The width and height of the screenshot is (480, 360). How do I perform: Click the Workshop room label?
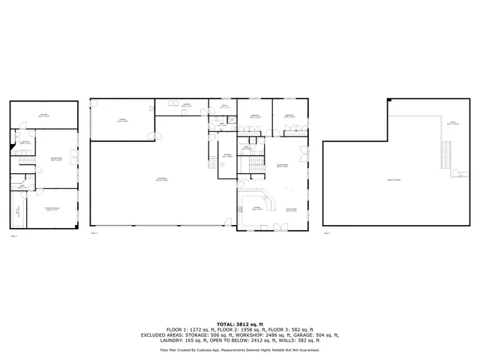(161, 178)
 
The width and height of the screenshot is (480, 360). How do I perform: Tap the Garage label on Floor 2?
(122, 120)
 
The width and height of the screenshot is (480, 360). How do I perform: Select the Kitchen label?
(257, 208)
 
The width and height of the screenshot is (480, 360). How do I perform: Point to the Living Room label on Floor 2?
(283, 166)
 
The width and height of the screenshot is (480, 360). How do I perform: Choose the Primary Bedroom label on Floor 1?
(52, 209)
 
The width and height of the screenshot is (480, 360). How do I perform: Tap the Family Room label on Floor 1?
(55, 158)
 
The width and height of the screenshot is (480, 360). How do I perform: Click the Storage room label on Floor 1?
(44, 115)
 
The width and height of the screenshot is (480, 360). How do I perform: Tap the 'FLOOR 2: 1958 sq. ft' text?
(241, 329)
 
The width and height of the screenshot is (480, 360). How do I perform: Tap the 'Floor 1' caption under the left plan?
(13, 236)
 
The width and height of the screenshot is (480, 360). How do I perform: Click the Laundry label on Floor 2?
(185, 106)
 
